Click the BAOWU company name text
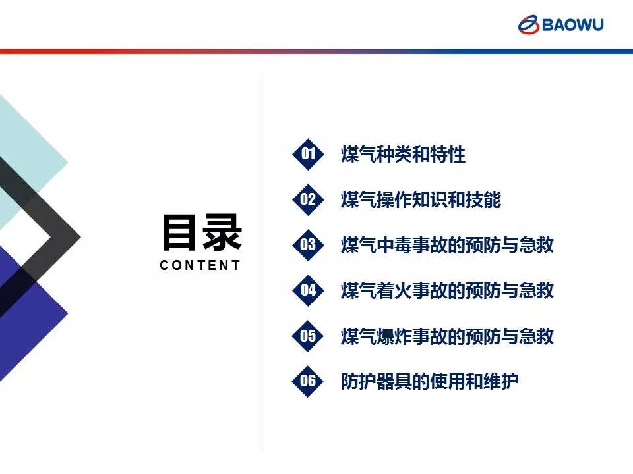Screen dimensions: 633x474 pyautogui.click(x=573, y=24)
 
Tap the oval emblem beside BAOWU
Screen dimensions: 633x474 pyautogui.click(x=528, y=25)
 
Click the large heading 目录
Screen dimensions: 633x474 pyautogui.click(x=202, y=232)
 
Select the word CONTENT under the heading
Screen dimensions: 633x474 pyautogui.click(x=200, y=265)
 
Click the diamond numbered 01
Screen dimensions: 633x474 pyautogui.click(x=308, y=153)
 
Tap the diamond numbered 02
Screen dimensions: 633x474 pyautogui.click(x=308, y=199)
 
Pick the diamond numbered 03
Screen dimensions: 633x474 pyautogui.click(x=308, y=245)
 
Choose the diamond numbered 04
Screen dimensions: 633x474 pyautogui.click(x=308, y=290)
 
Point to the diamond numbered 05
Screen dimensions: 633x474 pyautogui.click(x=308, y=336)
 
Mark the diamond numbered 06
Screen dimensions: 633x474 pyautogui.click(x=308, y=381)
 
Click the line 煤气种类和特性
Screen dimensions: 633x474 pyautogui.click(x=403, y=154)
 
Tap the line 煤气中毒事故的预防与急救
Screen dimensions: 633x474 pyautogui.click(x=447, y=245)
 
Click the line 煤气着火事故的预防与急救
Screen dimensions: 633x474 pyautogui.click(x=447, y=290)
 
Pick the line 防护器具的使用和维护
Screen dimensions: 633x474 pyautogui.click(x=429, y=381)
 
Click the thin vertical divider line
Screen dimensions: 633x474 pyautogui.click(x=262, y=263)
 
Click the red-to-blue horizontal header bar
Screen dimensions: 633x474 pyautogui.click(x=316, y=51)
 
